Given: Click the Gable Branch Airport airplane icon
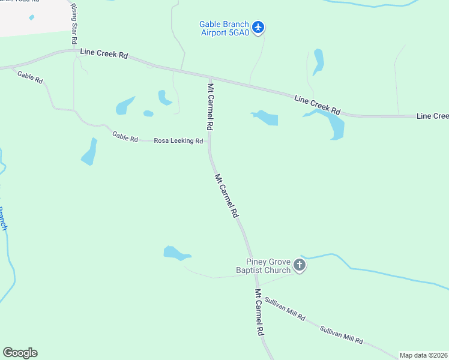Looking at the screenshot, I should [258, 27].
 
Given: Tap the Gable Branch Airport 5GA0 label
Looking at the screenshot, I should [224, 29].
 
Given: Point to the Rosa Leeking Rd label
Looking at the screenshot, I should [178, 141].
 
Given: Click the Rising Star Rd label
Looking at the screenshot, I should [74, 23].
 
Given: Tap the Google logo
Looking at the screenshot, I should [20, 353].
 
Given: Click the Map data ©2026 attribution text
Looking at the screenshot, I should [423, 355].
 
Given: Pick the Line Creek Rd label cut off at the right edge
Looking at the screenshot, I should [432, 115].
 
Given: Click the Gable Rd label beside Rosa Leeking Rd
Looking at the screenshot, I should [125, 137].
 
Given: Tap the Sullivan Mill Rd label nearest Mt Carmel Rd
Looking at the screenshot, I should [285, 308].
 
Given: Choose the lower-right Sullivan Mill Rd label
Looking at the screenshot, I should [342, 335].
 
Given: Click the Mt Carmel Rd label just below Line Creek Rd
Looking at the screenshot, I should [210, 107].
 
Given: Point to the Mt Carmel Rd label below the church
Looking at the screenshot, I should [259, 313].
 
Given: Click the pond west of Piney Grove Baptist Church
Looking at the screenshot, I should [175, 254].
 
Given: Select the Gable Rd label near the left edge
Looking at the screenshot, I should [30, 77].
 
